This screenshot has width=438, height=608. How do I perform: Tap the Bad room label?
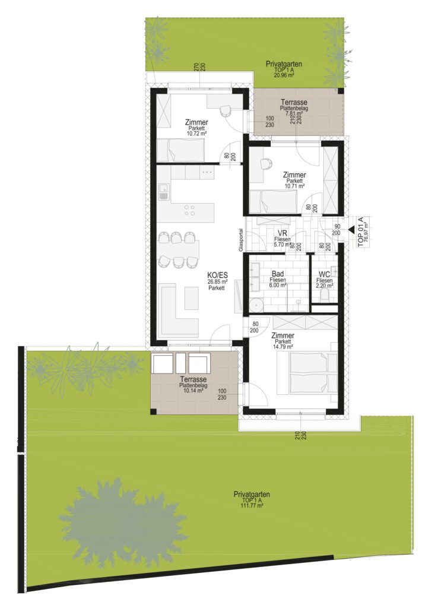[x=278, y=274]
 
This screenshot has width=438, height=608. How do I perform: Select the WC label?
[x=324, y=274]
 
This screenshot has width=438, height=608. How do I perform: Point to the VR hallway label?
[x=282, y=234]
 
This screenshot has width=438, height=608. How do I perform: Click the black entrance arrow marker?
[x=351, y=230]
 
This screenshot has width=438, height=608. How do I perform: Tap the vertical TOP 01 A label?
[x=360, y=232]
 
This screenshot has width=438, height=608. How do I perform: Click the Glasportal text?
[x=241, y=240]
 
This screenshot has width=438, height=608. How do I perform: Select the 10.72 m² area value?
[x=196, y=133]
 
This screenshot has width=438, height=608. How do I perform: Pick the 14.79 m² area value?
[x=283, y=346]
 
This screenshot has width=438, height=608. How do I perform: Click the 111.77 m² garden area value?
[x=252, y=506]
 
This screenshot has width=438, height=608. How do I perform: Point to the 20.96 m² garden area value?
[x=284, y=75]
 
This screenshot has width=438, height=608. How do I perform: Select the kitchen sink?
[x=164, y=192]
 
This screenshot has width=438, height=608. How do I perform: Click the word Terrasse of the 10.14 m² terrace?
[x=193, y=379]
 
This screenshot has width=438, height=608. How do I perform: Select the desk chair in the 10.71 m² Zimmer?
[x=266, y=164]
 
